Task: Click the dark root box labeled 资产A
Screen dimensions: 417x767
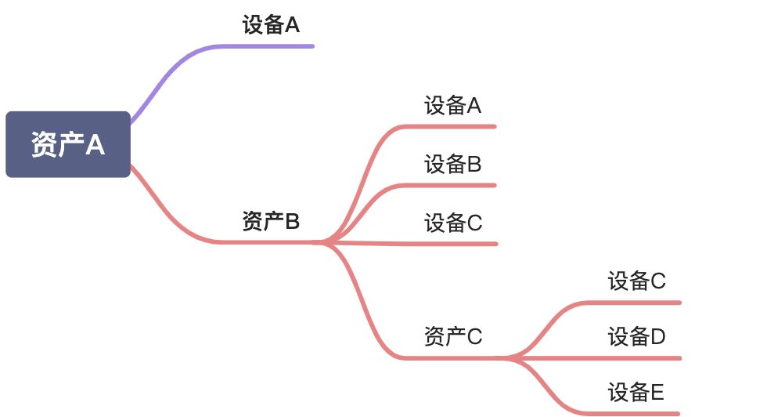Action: (x=68, y=144)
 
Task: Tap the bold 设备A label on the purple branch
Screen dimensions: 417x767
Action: (x=271, y=25)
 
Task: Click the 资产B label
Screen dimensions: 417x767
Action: (x=271, y=222)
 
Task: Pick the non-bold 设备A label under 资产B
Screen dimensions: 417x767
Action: (x=452, y=106)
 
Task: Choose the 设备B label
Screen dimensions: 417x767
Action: (x=452, y=165)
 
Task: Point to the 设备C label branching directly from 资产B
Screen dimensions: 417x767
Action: (x=453, y=223)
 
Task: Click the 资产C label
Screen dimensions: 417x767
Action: (x=453, y=337)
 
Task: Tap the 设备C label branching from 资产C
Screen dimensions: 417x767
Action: (x=636, y=281)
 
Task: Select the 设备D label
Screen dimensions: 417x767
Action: (x=636, y=337)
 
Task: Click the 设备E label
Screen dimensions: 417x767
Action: (x=636, y=392)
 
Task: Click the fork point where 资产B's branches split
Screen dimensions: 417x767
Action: (x=325, y=242)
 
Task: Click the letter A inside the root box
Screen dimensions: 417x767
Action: (x=95, y=145)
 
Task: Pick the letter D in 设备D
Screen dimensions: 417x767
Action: (x=657, y=337)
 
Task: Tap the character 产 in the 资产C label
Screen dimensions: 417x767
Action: (x=454, y=337)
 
